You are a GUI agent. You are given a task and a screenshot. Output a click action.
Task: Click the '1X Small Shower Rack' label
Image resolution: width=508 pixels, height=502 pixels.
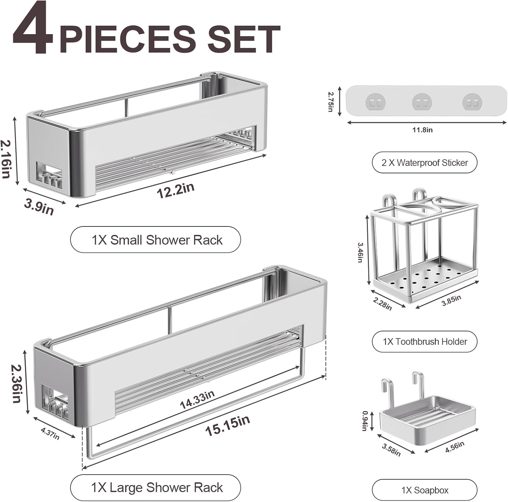coord(155,240)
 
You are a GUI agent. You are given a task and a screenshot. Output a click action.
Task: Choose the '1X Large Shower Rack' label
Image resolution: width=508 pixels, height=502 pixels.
coord(155,487)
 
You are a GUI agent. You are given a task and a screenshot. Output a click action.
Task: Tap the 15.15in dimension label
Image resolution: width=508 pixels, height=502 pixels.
coord(228,425)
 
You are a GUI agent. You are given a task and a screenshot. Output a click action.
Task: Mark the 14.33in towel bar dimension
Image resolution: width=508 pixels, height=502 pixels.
coord(197,399)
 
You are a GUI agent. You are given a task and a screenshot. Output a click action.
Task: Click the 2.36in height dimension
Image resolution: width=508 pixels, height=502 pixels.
coord(16,383)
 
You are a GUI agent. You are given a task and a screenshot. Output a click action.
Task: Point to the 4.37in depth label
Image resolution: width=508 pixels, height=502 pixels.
coord(50,434)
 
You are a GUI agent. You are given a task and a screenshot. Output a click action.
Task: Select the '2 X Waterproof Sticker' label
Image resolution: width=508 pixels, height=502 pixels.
coord(424,162)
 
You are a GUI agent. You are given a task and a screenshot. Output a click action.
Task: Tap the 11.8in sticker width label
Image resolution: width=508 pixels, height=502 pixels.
coord(422,130)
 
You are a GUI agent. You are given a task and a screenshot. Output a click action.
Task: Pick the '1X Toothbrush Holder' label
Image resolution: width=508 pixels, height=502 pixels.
coord(424,342)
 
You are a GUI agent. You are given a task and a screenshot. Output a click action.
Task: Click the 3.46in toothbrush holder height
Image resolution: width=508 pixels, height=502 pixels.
coord(360,252)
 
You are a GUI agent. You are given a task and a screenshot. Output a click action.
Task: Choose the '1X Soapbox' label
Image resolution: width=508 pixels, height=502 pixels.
coord(424,490)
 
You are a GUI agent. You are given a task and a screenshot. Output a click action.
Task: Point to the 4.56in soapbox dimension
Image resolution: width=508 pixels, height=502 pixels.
coord(454,447)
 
